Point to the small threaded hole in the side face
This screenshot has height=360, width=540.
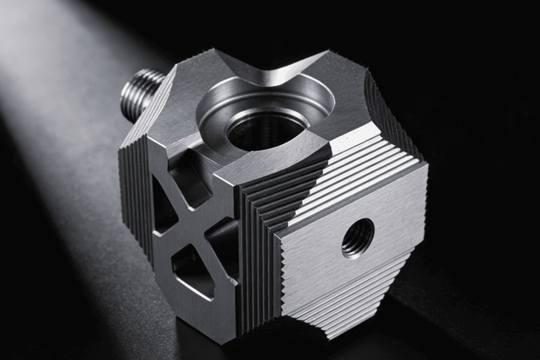pos(357,237)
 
